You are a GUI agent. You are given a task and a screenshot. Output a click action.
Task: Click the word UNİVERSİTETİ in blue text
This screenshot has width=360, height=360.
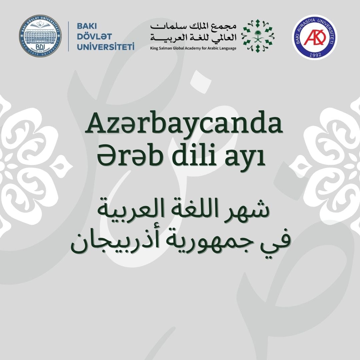[x=105, y=46]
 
